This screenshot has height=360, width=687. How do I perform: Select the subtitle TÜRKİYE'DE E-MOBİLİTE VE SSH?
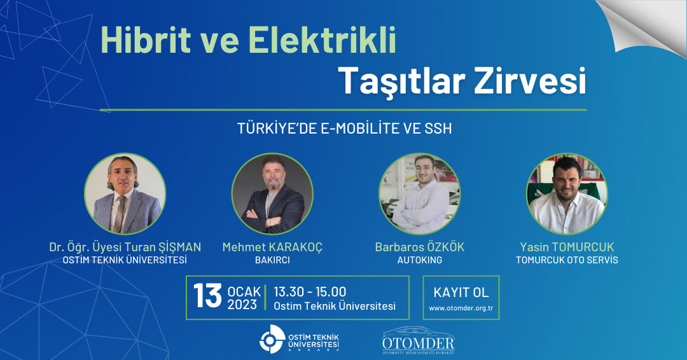tap(344, 128)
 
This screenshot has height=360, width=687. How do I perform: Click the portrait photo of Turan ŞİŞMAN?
tap(125, 193)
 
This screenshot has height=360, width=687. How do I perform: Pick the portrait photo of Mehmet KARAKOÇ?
tap(272, 193)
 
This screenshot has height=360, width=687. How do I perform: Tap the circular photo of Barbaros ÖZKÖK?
tap(419, 193)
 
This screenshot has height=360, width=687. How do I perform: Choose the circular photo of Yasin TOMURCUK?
tap(567, 193)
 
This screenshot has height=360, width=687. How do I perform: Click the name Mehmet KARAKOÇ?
tap(272, 247)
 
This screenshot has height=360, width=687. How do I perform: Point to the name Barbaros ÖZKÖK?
tap(420, 247)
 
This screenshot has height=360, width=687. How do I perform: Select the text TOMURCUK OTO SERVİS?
tap(567, 260)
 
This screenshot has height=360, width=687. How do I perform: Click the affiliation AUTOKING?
tap(420, 260)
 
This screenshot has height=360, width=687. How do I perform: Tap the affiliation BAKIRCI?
tap(272, 260)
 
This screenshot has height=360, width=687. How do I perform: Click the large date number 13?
tap(207, 296)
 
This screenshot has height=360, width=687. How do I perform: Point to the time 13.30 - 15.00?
tap(310, 292)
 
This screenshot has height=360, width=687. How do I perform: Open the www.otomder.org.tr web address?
tap(461, 308)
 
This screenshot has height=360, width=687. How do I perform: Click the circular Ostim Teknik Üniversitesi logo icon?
tap(272, 339)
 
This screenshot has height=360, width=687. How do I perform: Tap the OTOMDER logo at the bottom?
tap(419, 341)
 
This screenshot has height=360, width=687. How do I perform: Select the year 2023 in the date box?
tap(242, 305)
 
